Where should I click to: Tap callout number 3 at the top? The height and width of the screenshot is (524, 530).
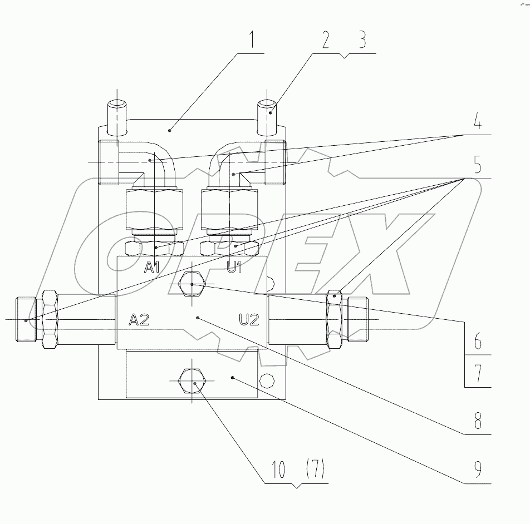tap(362, 41)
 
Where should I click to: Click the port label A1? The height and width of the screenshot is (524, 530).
tap(153, 268)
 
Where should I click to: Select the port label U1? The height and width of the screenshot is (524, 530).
tap(234, 268)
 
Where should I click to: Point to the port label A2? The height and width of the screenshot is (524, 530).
tap(139, 319)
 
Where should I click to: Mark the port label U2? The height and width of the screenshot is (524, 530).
tap(249, 319)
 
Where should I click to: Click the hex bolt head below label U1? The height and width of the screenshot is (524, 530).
tap(192, 285)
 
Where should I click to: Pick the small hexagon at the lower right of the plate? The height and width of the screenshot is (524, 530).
tap(267, 382)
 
